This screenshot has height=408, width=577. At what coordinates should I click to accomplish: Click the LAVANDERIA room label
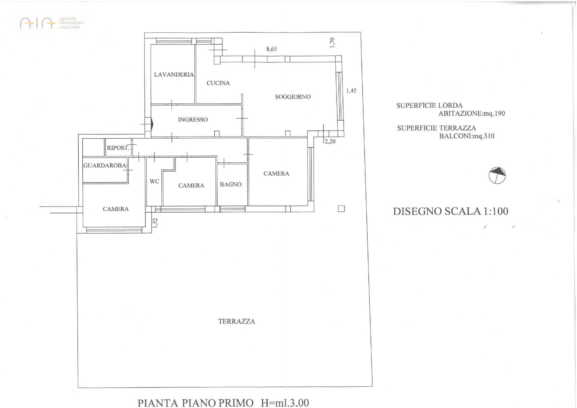pyautogui.click(x=174, y=75)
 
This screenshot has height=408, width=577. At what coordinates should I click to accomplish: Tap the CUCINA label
pyautogui.click(x=218, y=83)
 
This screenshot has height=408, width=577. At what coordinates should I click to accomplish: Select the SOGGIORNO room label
pyautogui.click(x=293, y=97)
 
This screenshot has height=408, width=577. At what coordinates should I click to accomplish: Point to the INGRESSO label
pyautogui.click(x=193, y=120)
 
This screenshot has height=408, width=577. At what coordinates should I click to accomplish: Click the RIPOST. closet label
pyautogui.click(x=118, y=148)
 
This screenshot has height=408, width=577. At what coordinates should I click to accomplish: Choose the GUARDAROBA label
pyautogui.click(x=105, y=165)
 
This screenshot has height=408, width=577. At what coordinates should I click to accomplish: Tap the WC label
pyautogui.click(x=154, y=181)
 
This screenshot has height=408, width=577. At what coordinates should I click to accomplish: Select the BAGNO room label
pyautogui.click(x=230, y=184)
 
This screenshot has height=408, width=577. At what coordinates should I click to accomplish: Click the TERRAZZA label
pyautogui.click(x=237, y=321)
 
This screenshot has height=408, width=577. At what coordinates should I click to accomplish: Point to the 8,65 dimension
pyautogui.click(x=271, y=49)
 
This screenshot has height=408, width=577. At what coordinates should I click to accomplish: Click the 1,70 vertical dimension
pyautogui.click(x=332, y=42)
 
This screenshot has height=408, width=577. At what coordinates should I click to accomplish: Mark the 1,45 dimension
pyautogui.click(x=351, y=90)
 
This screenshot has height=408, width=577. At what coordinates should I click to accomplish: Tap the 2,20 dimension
pyautogui.click(x=330, y=141)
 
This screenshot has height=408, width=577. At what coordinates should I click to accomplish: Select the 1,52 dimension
pyautogui.click(x=155, y=223)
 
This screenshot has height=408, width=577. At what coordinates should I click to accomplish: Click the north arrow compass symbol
pyautogui.click(x=497, y=175)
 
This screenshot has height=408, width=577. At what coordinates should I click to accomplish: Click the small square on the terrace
pyautogui.click(x=341, y=209)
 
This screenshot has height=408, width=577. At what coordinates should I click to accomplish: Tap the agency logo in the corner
pyautogui.click(x=52, y=23)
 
